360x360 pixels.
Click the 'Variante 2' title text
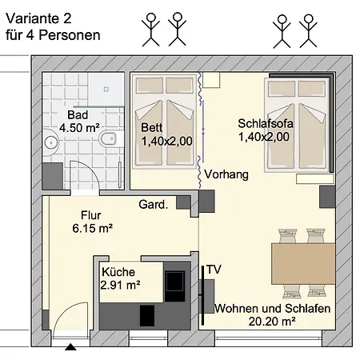point(38,18)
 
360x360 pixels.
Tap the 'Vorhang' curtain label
point(226,174)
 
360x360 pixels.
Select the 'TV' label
point(214,270)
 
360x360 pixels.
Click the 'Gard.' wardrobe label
point(154,205)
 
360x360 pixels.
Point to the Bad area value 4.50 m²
point(79,128)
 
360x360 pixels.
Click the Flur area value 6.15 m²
point(93,229)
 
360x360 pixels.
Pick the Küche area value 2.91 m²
point(120,286)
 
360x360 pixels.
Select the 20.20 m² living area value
point(272,322)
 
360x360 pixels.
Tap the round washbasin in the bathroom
point(51,142)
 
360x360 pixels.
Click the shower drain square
point(106,89)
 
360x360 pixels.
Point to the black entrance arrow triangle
point(70,347)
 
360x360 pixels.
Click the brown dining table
point(303,263)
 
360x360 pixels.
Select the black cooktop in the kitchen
point(175,282)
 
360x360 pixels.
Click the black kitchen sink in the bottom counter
point(147,315)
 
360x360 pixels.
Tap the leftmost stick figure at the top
point(150,30)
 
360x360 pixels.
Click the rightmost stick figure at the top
point(308,31)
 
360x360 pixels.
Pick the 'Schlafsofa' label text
point(266,123)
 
